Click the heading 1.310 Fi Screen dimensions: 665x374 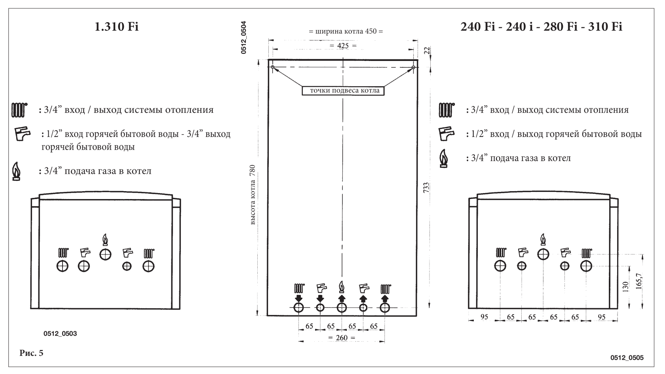point(116,27)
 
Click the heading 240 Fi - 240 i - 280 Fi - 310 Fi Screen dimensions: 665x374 point(541,27)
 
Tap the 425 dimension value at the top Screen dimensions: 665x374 point(343,46)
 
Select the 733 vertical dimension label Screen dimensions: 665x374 point(426,188)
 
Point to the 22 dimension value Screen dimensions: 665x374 point(427,51)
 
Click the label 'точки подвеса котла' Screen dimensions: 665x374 point(345,91)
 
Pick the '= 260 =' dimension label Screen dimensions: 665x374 point(342,338)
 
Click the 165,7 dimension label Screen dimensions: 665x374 point(639,281)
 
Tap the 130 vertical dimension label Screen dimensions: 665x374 point(625,287)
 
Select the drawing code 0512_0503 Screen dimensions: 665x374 point(60,334)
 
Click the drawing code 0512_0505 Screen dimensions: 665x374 point(627,358)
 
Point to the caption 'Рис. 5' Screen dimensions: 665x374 point(32,353)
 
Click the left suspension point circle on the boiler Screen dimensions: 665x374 point(272,67)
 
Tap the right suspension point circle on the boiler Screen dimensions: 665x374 point(413,67)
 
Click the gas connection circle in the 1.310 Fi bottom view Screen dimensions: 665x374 point(105,255)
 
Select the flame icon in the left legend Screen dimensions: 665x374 point(16,171)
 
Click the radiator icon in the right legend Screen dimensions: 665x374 point(446,110)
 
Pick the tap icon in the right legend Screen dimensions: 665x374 point(446,134)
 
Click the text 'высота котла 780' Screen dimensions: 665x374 point(253,195)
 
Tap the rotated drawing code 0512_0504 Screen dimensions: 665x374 point(243,37)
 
